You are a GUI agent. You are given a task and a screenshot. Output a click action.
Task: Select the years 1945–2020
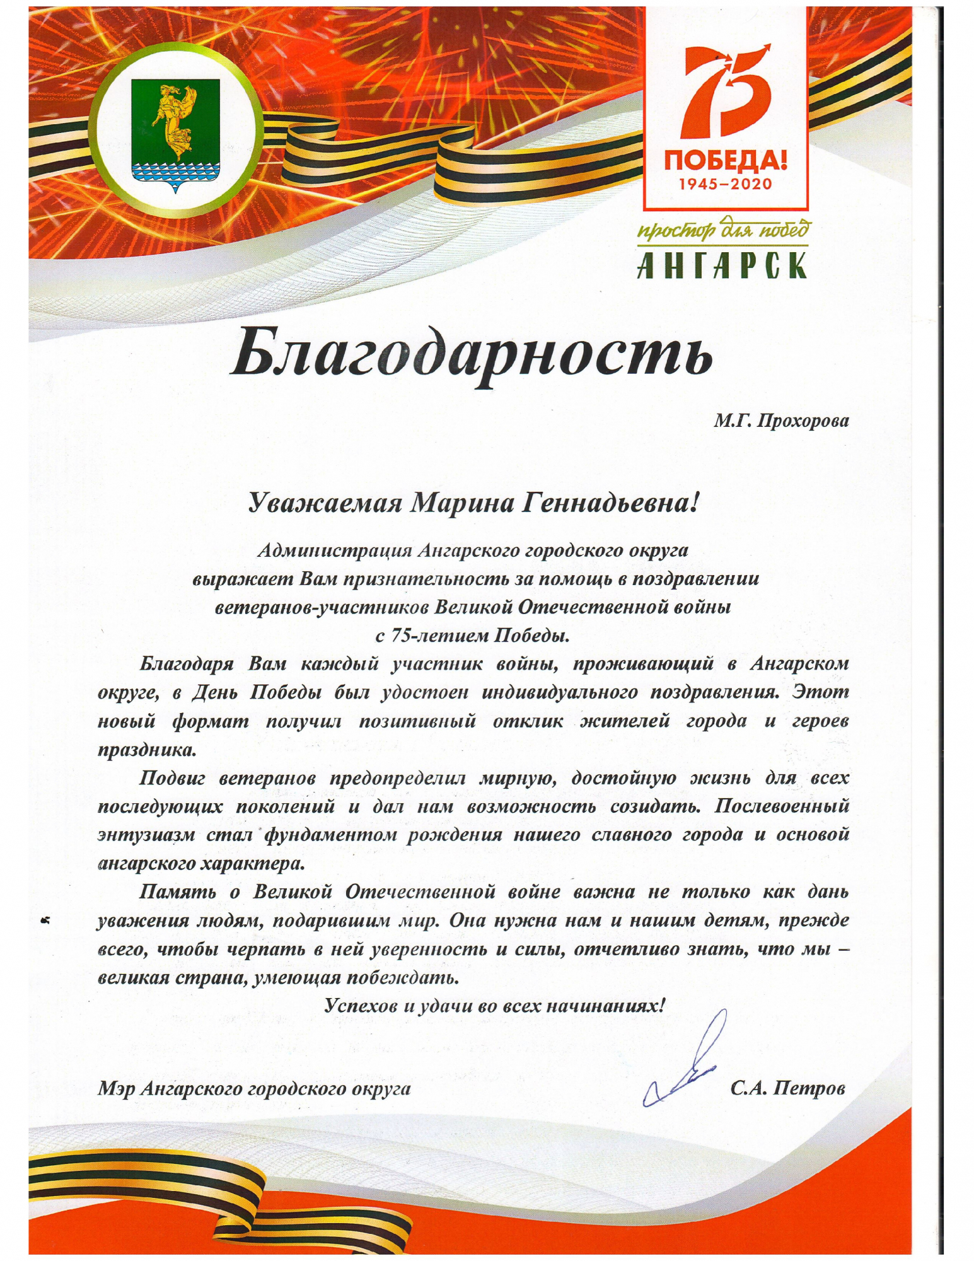pos(726,184)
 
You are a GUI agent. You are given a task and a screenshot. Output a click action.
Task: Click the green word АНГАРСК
pos(722,265)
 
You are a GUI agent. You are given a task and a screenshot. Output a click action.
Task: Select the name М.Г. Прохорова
pos(781,421)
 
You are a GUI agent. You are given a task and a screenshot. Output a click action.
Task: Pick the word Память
pos(176,892)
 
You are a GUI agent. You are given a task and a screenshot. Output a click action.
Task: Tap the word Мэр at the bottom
pos(117,1088)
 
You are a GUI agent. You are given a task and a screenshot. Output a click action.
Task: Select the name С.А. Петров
pos(787,1088)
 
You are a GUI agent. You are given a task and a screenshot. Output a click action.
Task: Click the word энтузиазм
pos(144,835)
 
